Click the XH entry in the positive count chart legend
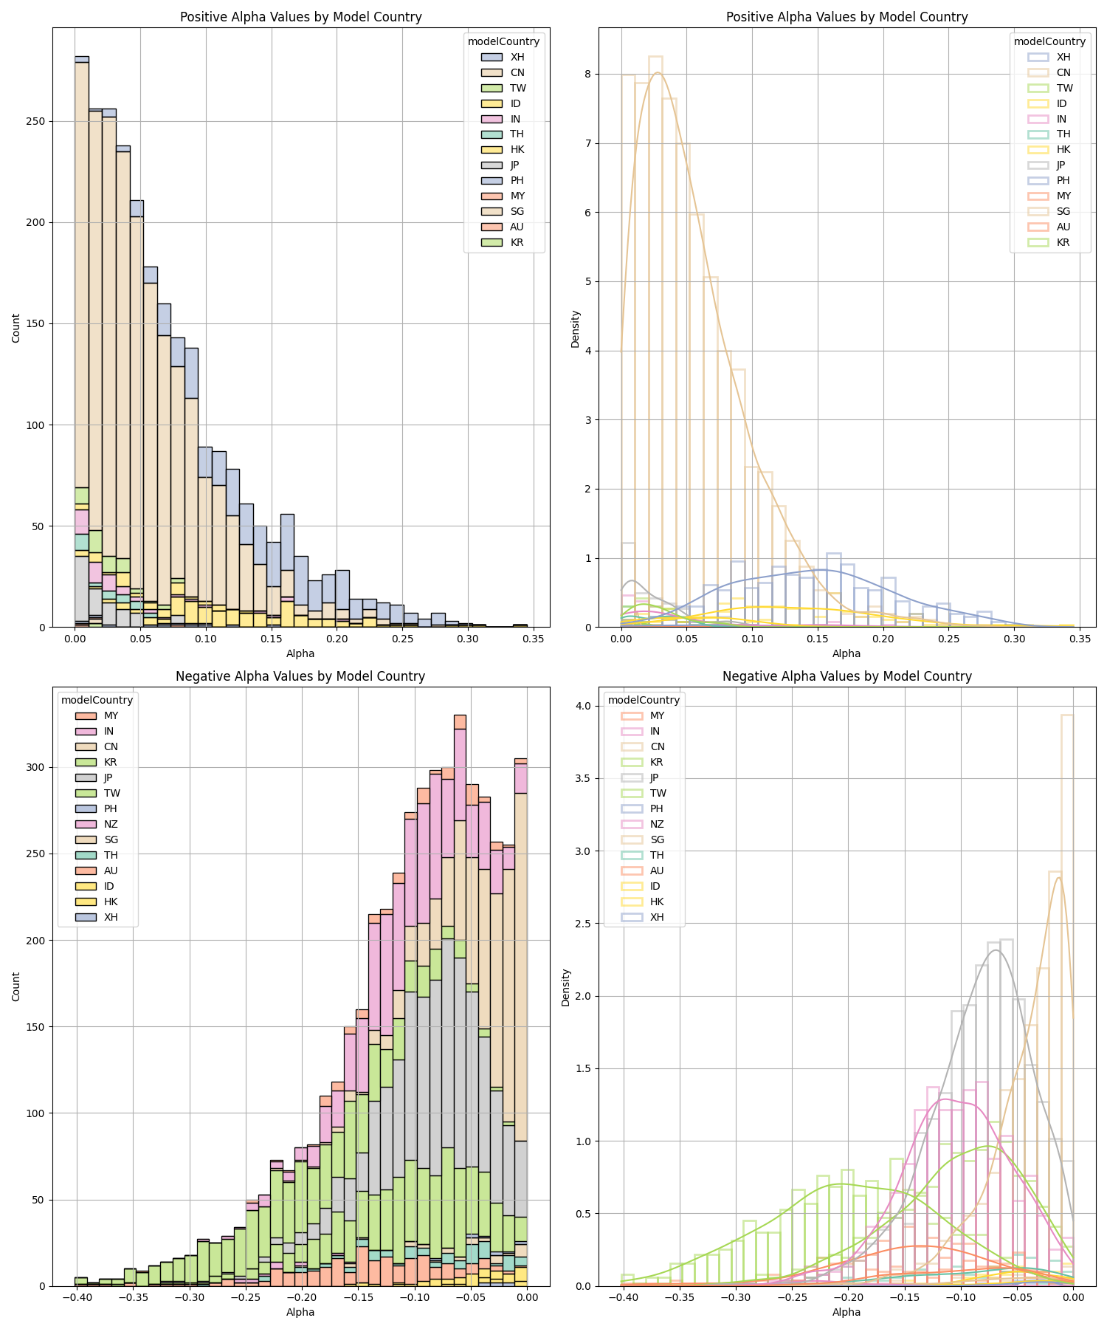click(517, 57)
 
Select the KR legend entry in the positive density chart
click(1063, 242)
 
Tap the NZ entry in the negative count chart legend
click(111, 824)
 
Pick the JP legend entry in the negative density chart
click(657, 777)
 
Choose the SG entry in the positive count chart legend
click(517, 211)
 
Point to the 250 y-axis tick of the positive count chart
click(37, 121)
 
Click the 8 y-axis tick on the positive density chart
click(594, 74)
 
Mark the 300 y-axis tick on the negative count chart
click(37, 767)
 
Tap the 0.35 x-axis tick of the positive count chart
click(534, 639)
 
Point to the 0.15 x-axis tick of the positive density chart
click(818, 639)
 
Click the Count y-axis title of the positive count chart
click(16, 328)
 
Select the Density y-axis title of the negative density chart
click(566, 987)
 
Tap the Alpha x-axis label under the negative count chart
click(300, 1312)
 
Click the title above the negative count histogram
click(300, 676)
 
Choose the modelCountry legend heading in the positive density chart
click(1049, 41)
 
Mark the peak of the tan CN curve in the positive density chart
click(657, 72)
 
